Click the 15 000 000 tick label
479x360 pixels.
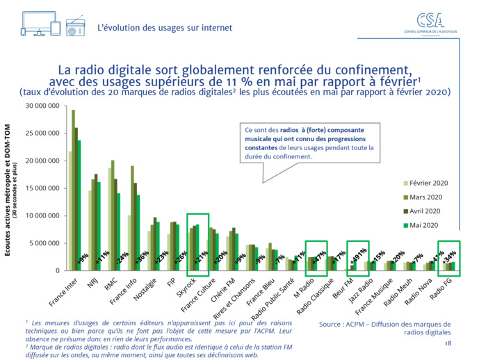[x=44, y=188]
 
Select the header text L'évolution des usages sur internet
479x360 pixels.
[x=165, y=27]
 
